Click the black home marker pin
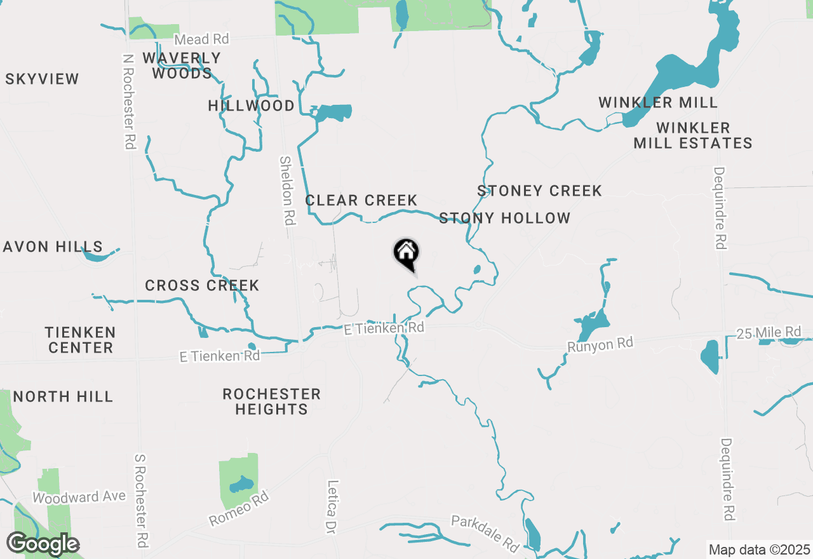[406, 253]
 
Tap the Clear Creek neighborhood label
[361, 201]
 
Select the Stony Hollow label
[505, 219]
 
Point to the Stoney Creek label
[539, 191]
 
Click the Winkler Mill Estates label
[693, 136]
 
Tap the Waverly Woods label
[182, 65]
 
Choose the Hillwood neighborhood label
[252, 105]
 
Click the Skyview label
[43, 79]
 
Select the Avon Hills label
[53, 246]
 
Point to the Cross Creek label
[202, 286]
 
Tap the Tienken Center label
[80, 340]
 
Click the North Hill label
[63, 397]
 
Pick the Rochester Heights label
[271, 402]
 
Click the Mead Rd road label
[201, 39]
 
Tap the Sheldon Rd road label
[288, 191]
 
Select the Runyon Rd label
[600, 344]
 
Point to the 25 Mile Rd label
[769, 332]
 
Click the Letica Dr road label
[332, 506]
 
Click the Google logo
[43, 544]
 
